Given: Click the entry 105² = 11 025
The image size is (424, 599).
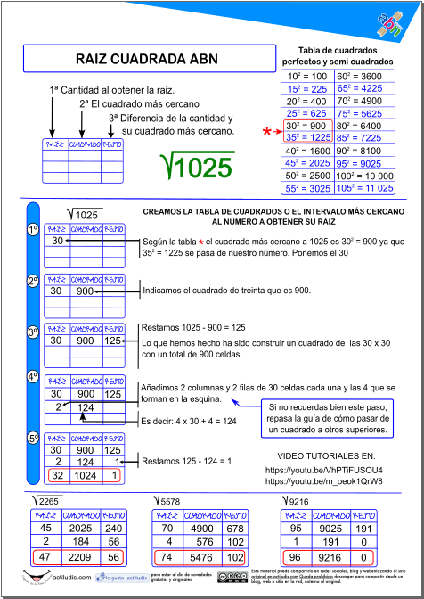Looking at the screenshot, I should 365,188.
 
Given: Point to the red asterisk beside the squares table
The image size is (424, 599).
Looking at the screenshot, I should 267,132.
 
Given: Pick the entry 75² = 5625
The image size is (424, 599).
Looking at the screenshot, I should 365,113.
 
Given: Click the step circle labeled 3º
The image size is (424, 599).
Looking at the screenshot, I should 33,333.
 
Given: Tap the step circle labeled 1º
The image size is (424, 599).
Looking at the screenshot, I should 33,230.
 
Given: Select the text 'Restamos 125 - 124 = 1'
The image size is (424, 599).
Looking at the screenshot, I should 187,461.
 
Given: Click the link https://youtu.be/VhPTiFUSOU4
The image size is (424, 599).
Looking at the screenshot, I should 324,470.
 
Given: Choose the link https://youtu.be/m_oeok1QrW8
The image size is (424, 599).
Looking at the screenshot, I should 324,481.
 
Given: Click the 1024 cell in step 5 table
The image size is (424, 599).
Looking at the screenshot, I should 86,476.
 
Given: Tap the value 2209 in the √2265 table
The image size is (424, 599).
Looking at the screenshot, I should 81,557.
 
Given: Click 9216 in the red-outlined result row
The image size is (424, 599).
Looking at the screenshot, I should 330,557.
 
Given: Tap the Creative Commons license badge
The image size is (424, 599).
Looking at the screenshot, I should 232,577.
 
